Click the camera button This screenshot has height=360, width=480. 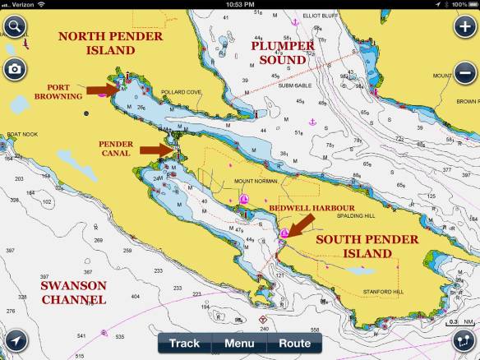[x=14, y=68]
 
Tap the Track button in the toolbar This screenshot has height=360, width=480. [x=184, y=343]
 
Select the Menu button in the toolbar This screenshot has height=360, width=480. [x=239, y=343]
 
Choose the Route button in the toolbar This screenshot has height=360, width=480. [x=294, y=343]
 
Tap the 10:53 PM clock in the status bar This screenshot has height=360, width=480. [x=239, y=5]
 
